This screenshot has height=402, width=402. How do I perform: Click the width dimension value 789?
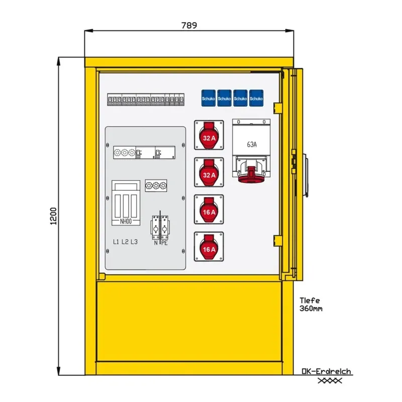click(189, 25)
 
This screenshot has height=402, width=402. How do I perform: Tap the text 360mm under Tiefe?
click(311, 309)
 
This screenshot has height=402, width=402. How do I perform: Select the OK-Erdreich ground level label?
click(326, 372)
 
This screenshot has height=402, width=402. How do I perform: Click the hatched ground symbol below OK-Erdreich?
click(329, 380)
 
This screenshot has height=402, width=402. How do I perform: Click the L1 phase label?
click(116, 242)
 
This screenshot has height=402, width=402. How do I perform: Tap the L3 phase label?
click(134, 242)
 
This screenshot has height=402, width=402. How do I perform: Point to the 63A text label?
click(252, 144)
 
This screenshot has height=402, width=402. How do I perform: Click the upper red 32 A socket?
click(209, 135)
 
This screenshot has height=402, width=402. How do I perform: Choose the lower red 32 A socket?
click(209, 172)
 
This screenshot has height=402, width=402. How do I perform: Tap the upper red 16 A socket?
click(209, 209)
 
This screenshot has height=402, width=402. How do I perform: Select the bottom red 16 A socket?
click(209, 247)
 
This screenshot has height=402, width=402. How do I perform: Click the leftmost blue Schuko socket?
click(209, 97)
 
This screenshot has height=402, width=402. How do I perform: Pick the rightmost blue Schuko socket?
click(257, 97)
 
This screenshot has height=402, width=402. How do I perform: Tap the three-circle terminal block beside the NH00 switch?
click(155, 185)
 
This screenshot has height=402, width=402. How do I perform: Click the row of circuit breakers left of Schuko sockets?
click(145, 100)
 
